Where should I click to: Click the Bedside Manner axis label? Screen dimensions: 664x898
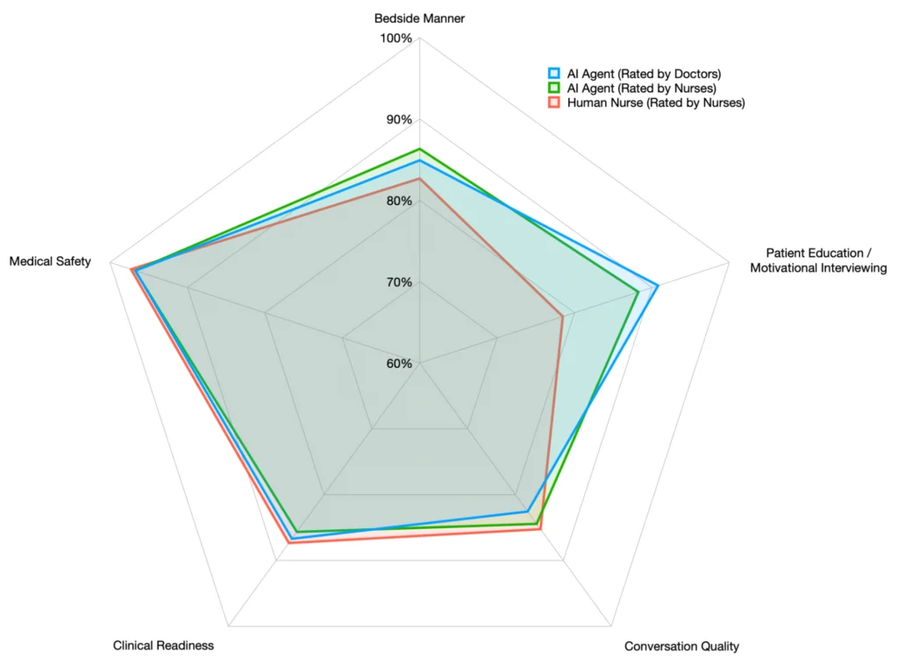pyautogui.click(x=419, y=18)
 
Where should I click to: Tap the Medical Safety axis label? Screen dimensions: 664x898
pyautogui.click(x=50, y=261)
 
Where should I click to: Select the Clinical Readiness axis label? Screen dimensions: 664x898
pyautogui.click(x=163, y=646)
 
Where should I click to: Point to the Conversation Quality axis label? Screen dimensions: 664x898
pyautogui.click(x=681, y=646)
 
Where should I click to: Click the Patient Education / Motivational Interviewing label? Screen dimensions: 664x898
pyautogui.click(x=818, y=260)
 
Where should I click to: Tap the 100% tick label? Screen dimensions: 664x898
pyautogui.click(x=396, y=39)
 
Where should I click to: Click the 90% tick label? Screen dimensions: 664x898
pyautogui.click(x=398, y=120)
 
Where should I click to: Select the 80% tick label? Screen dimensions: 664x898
pyautogui.click(x=398, y=201)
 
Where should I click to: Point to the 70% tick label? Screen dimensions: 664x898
pyautogui.click(x=398, y=282)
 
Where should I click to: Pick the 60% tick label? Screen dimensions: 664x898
pyautogui.click(x=398, y=364)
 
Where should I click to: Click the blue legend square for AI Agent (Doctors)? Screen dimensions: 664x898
pyautogui.click(x=553, y=74)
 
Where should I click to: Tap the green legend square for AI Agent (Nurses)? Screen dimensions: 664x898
pyautogui.click(x=553, y=88)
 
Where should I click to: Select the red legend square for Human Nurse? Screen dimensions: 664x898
pyautogui.click(x=553, y=102)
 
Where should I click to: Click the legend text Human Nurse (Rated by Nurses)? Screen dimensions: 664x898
pyautogui.click(x=656, y=102)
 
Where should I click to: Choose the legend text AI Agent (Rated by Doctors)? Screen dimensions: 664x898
pyautogui.click(x=644, y=74)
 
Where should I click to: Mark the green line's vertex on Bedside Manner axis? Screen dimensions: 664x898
pyautogui.click(x=419, y=150)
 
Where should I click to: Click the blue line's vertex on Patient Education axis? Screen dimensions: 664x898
pyautogui.click(x=657, y=286)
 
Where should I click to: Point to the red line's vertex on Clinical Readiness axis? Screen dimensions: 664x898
pyautogui.click(x=289, y=543)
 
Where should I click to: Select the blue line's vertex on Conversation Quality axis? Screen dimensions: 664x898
pyautogui.click(x=527, y=511)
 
